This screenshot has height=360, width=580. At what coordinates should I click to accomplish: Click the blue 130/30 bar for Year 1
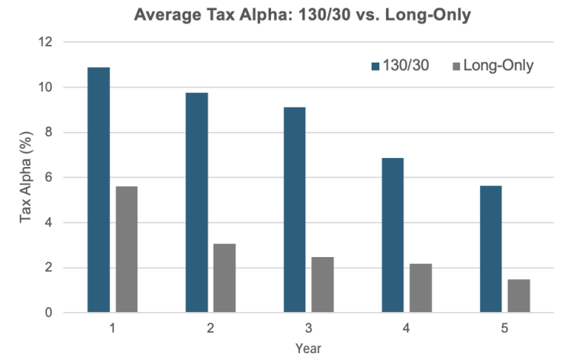(98, 190)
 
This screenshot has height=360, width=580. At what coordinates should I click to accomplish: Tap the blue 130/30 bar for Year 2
(197, 202)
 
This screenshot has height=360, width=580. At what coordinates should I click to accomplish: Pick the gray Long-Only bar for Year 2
(224, 278)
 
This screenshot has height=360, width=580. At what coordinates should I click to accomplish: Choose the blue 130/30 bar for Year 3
(295, 210)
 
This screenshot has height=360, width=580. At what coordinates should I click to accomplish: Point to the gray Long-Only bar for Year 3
(323, 284)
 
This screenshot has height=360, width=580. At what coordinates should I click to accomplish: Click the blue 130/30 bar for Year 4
(392, 235)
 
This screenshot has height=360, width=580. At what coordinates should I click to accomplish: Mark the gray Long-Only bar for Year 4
(420, 288)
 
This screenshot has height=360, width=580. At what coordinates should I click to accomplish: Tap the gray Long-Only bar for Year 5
(519, 296)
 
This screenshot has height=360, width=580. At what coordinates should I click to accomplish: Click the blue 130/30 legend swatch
(375, 66)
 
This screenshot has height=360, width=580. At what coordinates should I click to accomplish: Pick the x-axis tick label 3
(308, 329)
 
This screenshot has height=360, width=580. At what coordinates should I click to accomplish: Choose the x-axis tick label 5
(504, 329)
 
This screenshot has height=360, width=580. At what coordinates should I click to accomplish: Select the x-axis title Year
(308, 349)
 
